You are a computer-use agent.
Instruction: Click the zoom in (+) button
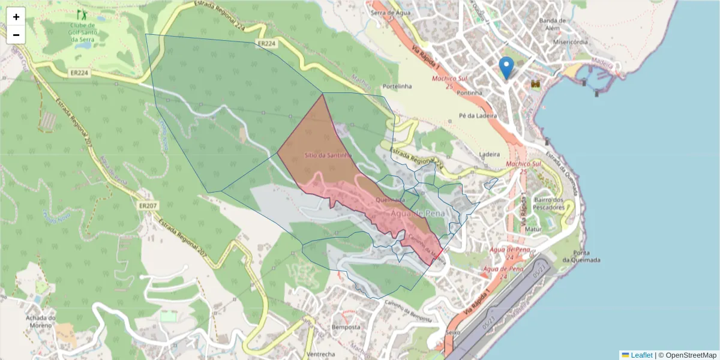(16, 17)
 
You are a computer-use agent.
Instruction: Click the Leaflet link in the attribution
(641, 355)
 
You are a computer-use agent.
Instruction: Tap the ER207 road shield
(148, 205)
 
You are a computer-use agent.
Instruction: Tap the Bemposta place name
(346, 328)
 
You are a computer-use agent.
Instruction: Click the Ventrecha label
(320, 355)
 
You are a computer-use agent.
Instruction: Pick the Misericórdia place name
(571, 43)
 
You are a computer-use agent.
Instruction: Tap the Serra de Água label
(390, 12)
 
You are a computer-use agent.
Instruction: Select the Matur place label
(533, 229)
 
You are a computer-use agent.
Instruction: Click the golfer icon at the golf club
(81, 13)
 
